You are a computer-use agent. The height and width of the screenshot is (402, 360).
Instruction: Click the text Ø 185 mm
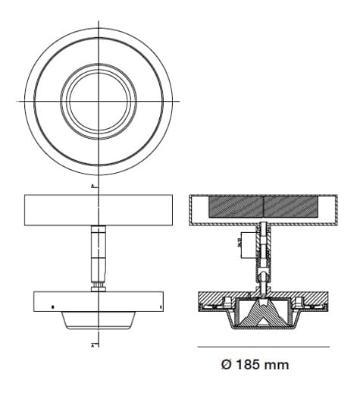click(254, 365)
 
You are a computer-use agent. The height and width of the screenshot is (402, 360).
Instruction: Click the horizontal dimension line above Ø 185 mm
click(263, 347)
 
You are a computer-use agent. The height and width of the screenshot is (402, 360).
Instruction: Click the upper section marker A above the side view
click(92, 186)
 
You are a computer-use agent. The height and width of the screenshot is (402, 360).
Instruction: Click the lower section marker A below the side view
click(92, 345)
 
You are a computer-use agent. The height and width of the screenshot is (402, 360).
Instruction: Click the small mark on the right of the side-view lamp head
click(161, 306)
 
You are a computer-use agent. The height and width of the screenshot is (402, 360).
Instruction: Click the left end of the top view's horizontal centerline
click(17, 100)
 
